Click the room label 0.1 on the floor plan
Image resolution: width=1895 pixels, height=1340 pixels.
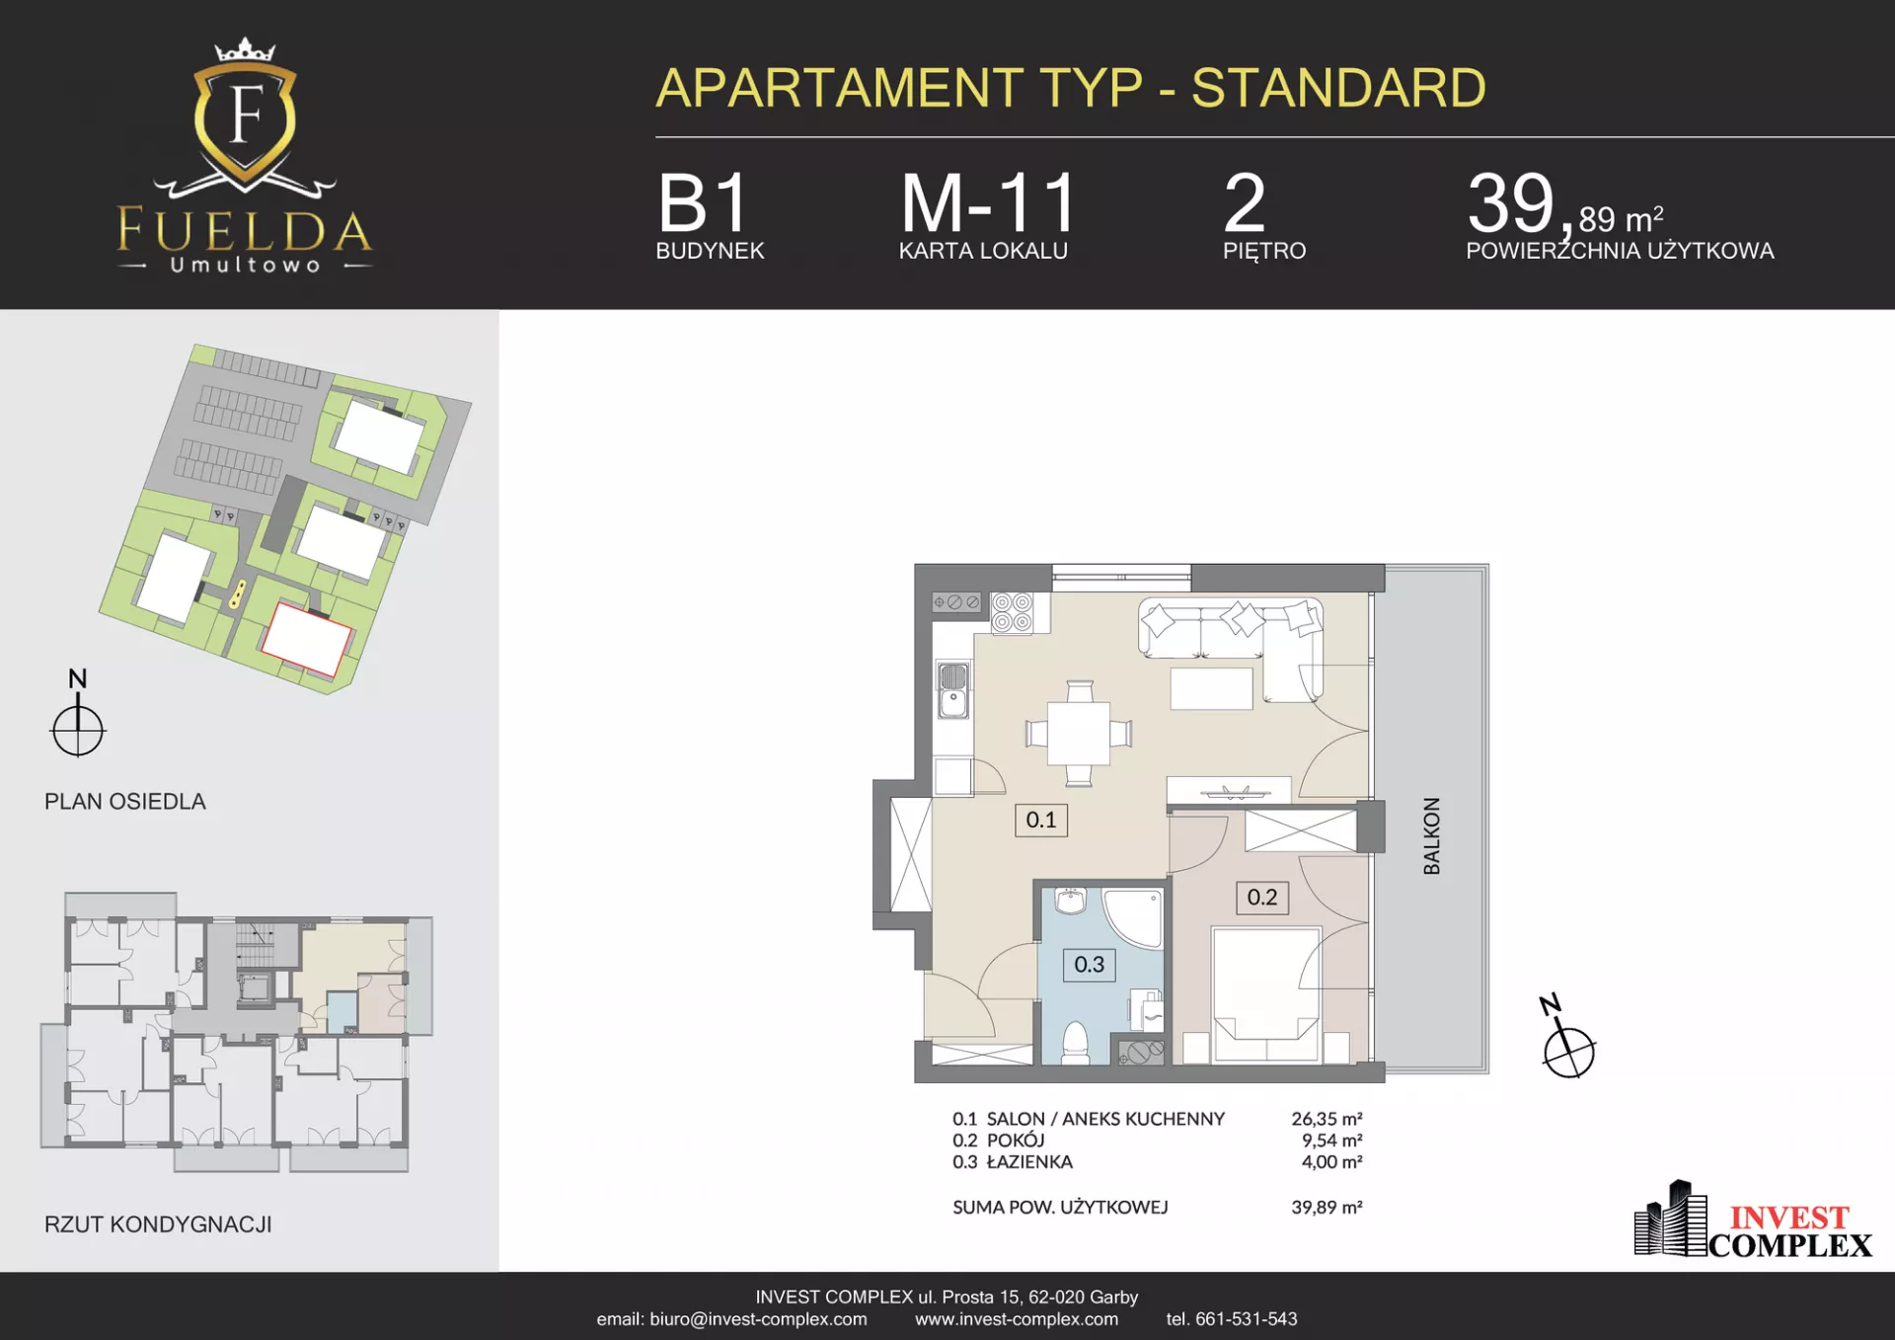tap(1041, 820)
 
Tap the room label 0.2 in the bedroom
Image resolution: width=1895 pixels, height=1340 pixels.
tap(1262, 898)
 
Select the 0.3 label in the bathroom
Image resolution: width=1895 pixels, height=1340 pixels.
tap(1090, 965)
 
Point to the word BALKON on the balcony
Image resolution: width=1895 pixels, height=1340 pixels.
tap(1432, 835)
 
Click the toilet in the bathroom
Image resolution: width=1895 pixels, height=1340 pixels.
tap(1075, 1042)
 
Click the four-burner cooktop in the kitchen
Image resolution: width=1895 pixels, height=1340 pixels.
tap(1013, 612)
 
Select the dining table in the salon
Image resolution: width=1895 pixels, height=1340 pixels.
tap(1079, 734)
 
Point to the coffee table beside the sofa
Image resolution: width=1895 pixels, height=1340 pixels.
tap(1212, 688)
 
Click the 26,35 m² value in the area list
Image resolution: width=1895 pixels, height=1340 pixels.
tap(1327, 1119)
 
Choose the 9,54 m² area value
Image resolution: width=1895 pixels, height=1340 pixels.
tap(1332, 1141)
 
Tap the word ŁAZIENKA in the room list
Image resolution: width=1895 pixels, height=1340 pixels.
tap(1029, 1162)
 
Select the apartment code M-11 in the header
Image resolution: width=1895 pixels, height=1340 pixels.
tap(988, 203)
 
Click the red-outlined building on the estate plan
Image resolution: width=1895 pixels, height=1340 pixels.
tap(306, 639)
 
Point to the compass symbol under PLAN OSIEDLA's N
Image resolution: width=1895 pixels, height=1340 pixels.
tap(78, 731)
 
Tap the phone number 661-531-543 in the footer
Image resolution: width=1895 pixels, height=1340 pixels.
tap(1247, 1319)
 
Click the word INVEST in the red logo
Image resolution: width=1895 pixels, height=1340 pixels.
tap(1788, 1218)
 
